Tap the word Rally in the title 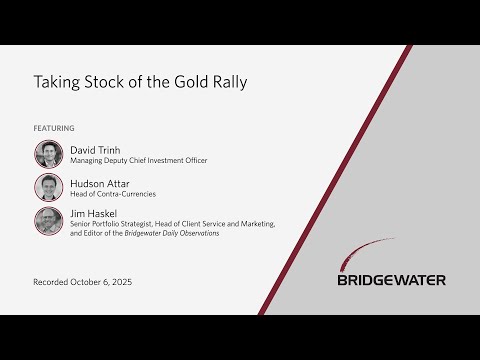point(226,81)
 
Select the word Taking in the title point(56,81)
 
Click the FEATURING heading point(54,128)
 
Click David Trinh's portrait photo point(49,154)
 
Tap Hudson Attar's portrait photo point(49,187)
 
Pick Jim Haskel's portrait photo point(49,220)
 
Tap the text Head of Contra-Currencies point(113,193)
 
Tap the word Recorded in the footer point(52,283)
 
